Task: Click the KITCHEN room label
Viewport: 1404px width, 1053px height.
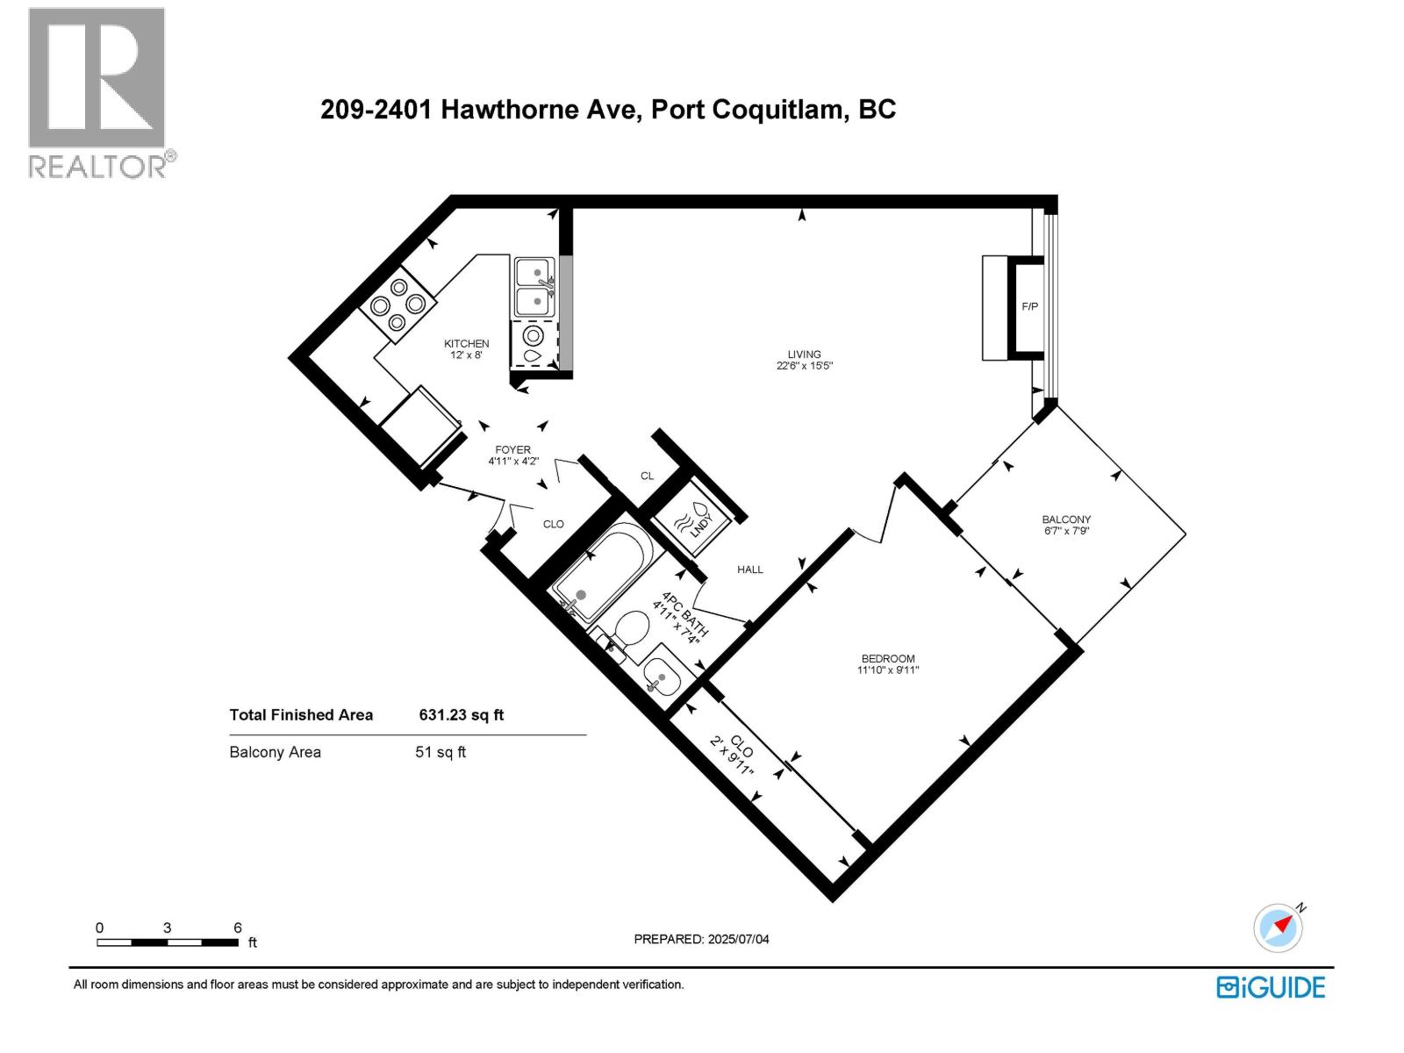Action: coord(466,343)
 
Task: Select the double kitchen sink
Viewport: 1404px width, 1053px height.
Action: coord(534,287)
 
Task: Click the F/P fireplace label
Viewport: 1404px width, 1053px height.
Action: coord(1029,306)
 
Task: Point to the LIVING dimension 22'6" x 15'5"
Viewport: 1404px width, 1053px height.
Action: coord(804,366)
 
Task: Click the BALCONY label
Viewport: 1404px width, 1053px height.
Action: coord(1066,519)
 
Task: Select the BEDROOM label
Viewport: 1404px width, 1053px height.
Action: coord(887,658)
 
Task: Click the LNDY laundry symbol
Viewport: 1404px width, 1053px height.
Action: coord(692,525)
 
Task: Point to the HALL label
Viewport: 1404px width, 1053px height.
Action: coord(749,569)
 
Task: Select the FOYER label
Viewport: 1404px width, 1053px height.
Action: coord(512,449)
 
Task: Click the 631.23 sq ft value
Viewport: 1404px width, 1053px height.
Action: coord(462,715)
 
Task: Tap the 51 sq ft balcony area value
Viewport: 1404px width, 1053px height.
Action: coord(441,752)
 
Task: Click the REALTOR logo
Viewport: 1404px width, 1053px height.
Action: coord(98,92)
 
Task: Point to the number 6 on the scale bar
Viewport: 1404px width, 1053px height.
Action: coord(238,928)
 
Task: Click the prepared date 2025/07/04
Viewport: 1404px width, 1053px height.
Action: coord(737,939)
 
